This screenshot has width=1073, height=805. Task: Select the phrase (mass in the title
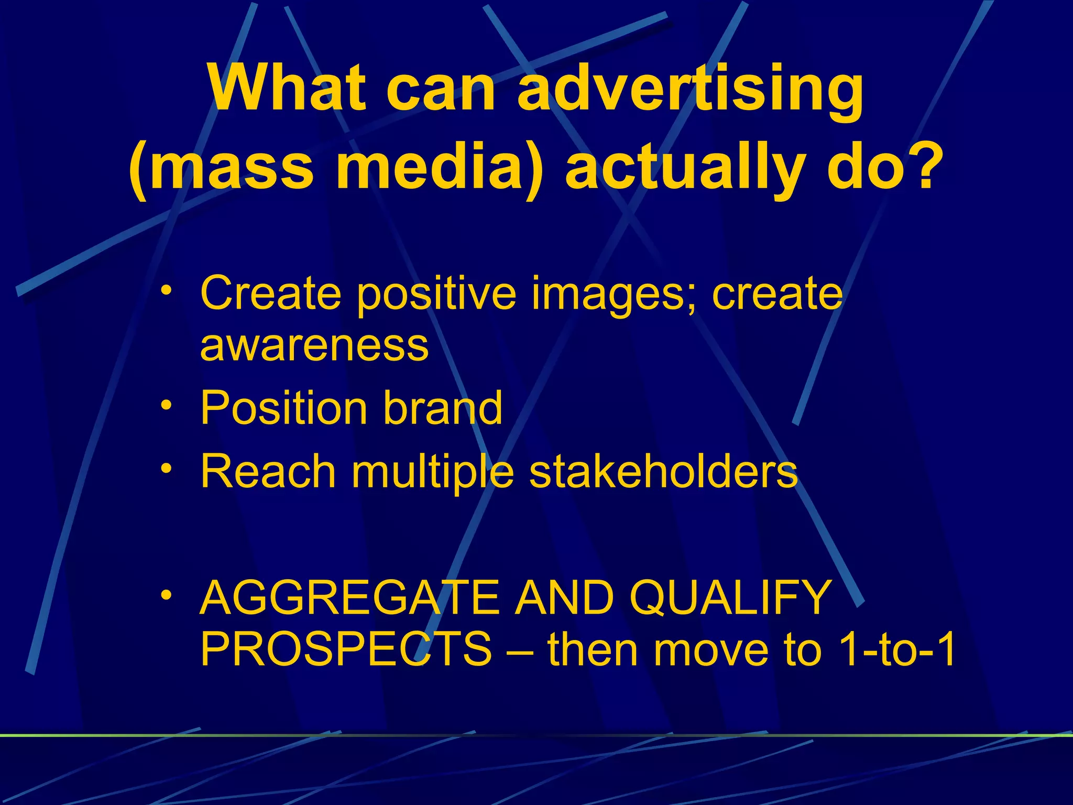(x=221, y=168)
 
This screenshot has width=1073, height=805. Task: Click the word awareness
(x=314, y=346)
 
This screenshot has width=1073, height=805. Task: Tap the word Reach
(x=268, y=471)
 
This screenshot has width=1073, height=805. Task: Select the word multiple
(x=432, y=472)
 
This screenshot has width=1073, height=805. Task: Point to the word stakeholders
(x=663, y=471)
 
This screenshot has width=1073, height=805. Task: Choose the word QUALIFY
(x=730, y=598)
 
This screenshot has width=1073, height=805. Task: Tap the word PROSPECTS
(x=346, y=650)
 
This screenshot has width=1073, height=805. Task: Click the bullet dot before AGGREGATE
(x=166, y=595)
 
